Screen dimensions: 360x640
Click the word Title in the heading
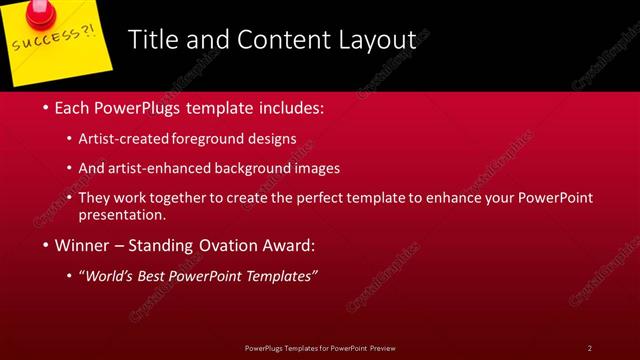click(154, 40)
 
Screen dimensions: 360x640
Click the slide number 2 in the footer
click(590, 347)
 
